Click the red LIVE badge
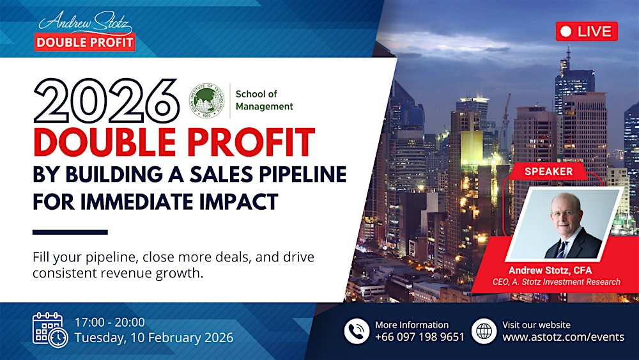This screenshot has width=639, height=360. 586,31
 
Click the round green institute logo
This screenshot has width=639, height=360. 206,100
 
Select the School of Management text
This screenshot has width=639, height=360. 264,100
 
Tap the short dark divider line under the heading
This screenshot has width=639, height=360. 70,232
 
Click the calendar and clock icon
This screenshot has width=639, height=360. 50,329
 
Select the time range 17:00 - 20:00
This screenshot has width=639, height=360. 110,322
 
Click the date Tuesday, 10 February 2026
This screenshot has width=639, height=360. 154,338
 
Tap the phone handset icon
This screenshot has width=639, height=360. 357,331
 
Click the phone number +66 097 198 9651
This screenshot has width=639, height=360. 420,337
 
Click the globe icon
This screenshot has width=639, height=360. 484,331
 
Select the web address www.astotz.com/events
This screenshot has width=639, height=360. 563,337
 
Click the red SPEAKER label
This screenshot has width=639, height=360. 548,171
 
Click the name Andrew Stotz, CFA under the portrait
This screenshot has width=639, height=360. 550,270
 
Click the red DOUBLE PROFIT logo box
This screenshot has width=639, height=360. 85,43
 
